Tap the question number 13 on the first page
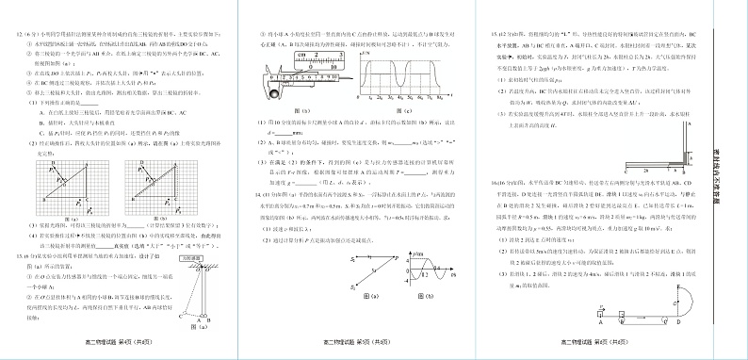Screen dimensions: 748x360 coord(14,255)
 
